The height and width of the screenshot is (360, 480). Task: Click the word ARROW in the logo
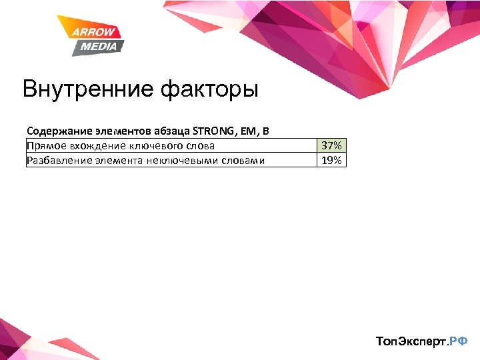click(95, 32)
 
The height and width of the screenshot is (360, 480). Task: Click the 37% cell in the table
click(331, 145)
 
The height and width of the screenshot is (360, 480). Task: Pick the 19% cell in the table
click(331, 160)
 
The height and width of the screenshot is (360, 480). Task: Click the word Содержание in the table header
click(53, 131)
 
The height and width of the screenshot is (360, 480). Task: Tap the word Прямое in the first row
click(43, 145)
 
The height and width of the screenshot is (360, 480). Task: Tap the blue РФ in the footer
click(459, 341)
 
